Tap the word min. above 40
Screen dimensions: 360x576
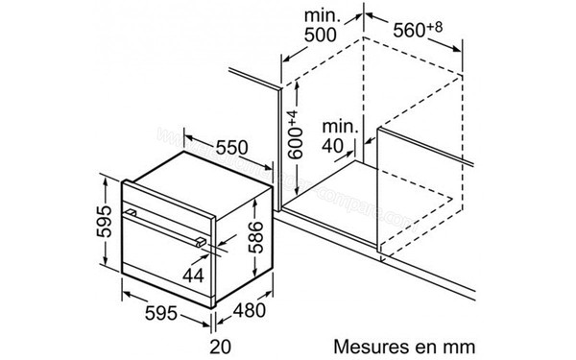pyautogui.click(x=341, y=126)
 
